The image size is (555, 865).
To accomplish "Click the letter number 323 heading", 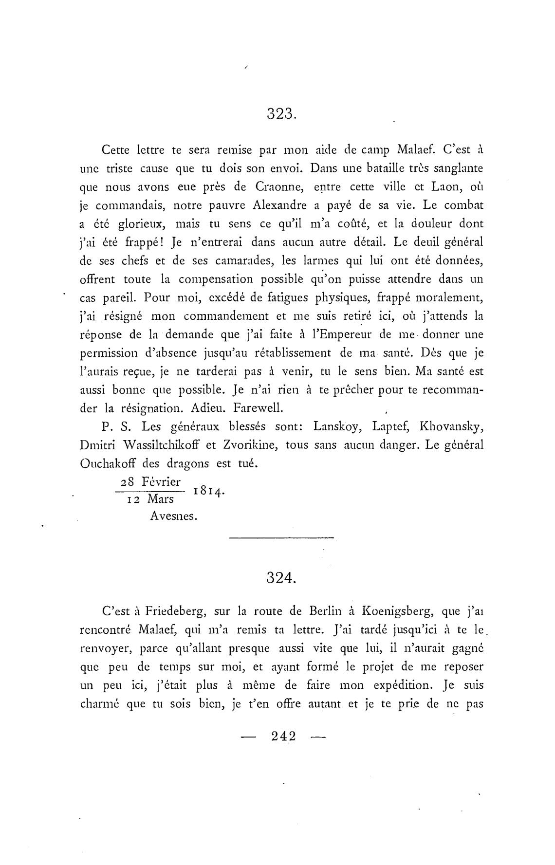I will coord(281,114).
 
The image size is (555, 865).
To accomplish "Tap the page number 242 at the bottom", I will coord(284,736).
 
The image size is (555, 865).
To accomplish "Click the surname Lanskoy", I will coord(337,427).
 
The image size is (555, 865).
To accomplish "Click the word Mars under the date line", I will coord(160,500).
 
